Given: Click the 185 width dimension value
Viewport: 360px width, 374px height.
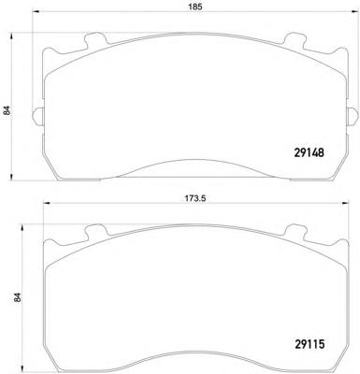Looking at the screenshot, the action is click(x=197, y=6).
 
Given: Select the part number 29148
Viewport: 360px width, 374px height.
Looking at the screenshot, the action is click(x=310, y=152).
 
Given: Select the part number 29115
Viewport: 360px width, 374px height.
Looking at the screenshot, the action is click(x=310, y=344).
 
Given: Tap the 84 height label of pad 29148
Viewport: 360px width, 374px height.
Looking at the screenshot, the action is click(x=7, y=110).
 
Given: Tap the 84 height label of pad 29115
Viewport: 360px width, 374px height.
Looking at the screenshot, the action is click(x=18, y=297).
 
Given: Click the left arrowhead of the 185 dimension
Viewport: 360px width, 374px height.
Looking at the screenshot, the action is click(x=36, y=12).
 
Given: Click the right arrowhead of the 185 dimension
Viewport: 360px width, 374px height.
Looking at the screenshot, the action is click(x=355, y=12).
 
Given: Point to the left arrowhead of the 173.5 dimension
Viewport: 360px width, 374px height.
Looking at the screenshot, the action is click(x=47, y=204).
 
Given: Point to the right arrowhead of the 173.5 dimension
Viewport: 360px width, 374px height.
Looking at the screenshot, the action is click(x=345, y=204).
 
